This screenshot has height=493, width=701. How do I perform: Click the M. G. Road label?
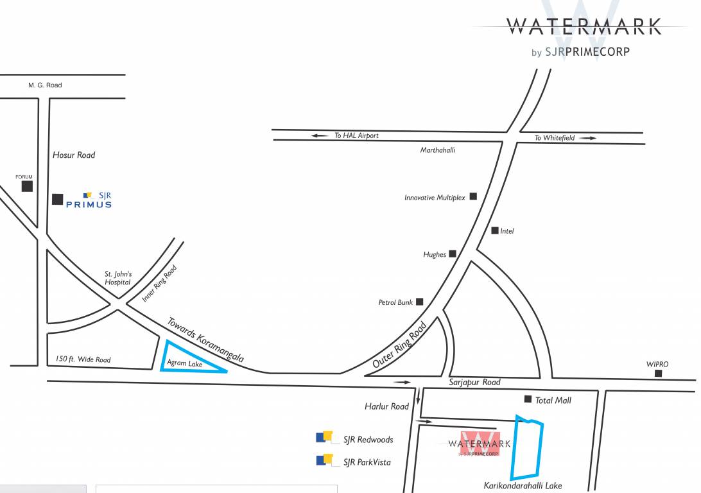click(45, 85)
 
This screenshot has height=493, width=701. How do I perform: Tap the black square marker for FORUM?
click(27, 186)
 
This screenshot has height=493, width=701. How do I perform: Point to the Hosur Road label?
click(74, 155)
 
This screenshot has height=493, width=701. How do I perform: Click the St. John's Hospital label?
click(118, 278)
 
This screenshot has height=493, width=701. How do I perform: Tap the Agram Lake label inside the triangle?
click(185, 363)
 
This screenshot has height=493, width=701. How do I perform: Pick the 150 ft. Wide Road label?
click(83, 359)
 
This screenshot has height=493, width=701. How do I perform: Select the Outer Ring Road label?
click(399, 345)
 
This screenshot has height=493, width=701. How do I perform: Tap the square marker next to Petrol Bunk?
click(420, 302)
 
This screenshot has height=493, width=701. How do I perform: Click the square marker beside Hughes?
click(453, 254)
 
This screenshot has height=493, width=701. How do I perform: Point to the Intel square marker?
click(495, 230)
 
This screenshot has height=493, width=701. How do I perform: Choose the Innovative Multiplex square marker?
click(473, 196)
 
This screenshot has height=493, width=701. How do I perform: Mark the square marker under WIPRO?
click(657, 373)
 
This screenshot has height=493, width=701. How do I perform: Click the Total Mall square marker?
click(528, 399)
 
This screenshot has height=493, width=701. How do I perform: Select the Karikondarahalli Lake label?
click(523, 486)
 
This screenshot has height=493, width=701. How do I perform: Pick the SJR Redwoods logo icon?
click(324, 438)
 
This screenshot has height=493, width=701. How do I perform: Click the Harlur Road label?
click(386, 406)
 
